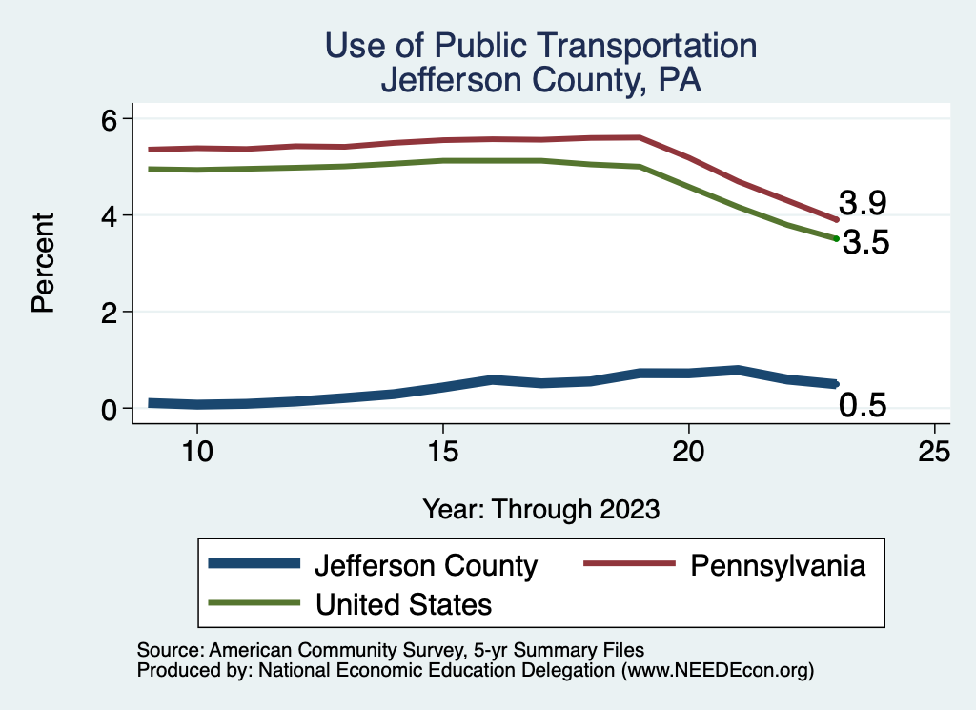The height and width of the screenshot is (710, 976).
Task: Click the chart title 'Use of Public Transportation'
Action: pyautogui.click(x=540, y=45)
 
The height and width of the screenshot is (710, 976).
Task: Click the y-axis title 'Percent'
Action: pyautogui.click(x=42, y=263)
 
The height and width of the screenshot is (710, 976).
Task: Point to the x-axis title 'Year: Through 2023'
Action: pyautogui.click(x=540, y=509)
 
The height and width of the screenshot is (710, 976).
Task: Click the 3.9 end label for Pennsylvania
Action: pyautogui.click(x=864, y=203)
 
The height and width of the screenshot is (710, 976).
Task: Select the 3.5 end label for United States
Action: pyautogui.click(x=865, y=244)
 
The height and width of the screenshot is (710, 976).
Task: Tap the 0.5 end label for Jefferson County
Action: pyautogui.click(x=863, y=406)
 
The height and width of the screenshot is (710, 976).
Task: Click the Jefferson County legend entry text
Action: pyautogui.click(x=425, y=566)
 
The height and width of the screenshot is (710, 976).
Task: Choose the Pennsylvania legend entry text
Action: pyautogui.click(x=778, y=565)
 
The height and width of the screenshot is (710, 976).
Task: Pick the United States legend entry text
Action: pyautogui.click(x=403, y=603)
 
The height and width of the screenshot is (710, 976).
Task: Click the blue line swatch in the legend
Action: pyautogui.click(x=254, y=565)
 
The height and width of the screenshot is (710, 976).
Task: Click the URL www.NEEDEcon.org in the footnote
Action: pyautogui.click(x=716, y=670)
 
